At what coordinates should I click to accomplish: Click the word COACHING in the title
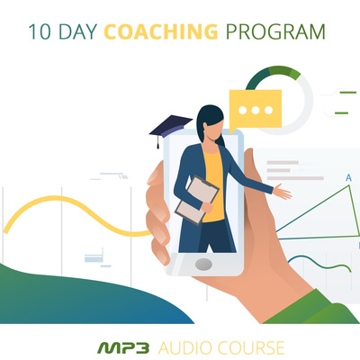[161, 31]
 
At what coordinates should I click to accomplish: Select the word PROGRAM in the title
[275, 31]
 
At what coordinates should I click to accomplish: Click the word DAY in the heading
[78, 31]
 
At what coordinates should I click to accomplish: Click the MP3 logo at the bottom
[123, 348]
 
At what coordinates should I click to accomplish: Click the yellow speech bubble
[256, 111]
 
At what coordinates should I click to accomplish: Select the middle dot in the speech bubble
[256, 111]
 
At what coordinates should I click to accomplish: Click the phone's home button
[203, 264]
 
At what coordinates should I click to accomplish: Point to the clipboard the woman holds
[197, 200]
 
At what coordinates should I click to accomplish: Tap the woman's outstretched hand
[282, 192]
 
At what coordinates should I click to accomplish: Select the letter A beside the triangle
[348, 178]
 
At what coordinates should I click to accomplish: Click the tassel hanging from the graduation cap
[157, 141]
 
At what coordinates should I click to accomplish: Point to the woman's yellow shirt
[214, 186]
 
